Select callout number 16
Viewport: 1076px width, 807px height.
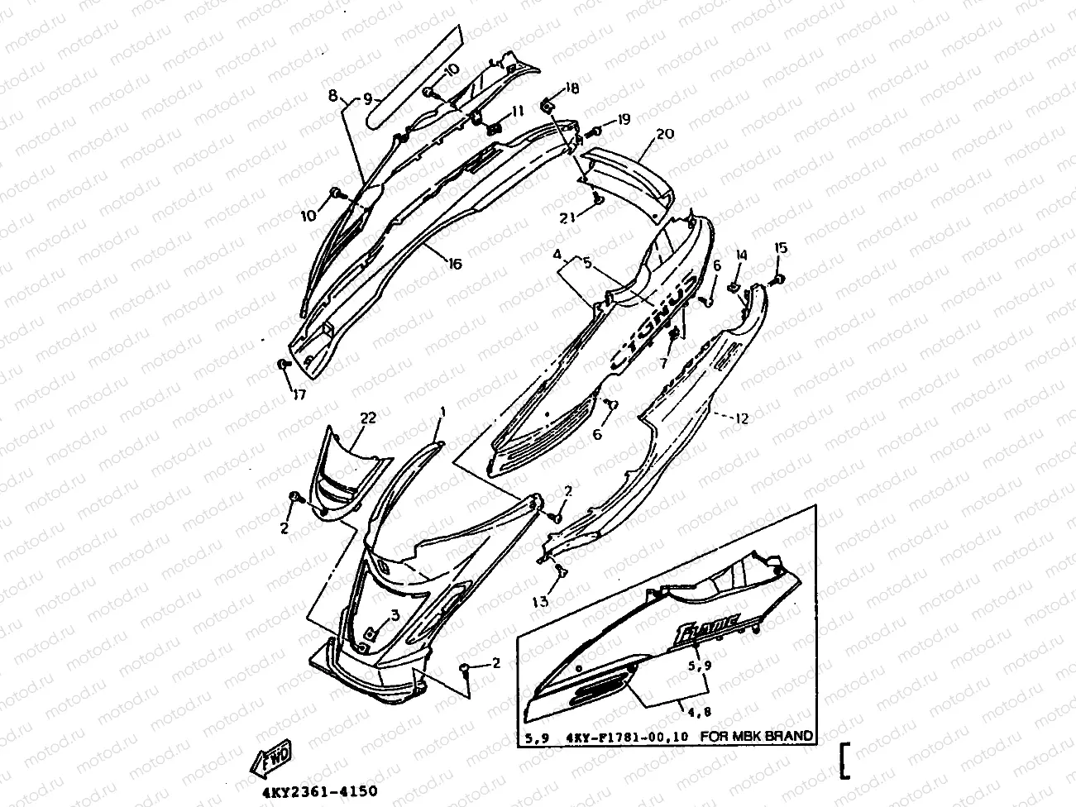[x=455, y=264]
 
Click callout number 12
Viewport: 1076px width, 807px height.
[x=741, y=419]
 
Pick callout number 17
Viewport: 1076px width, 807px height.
[x=299, y=395]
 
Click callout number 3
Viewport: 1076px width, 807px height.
[x=395, y=614]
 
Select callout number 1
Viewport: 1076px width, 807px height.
[x=442, y=412]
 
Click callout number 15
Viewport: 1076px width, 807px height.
[x=781, y=248]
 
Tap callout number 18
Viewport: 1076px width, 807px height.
[x=572, y=88]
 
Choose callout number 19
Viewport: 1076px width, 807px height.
[x=623, y=120]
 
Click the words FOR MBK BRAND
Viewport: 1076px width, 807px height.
[x=757, y=736]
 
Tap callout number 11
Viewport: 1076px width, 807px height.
[x=517, y=111]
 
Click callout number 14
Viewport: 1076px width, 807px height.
[x=741, y=256]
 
